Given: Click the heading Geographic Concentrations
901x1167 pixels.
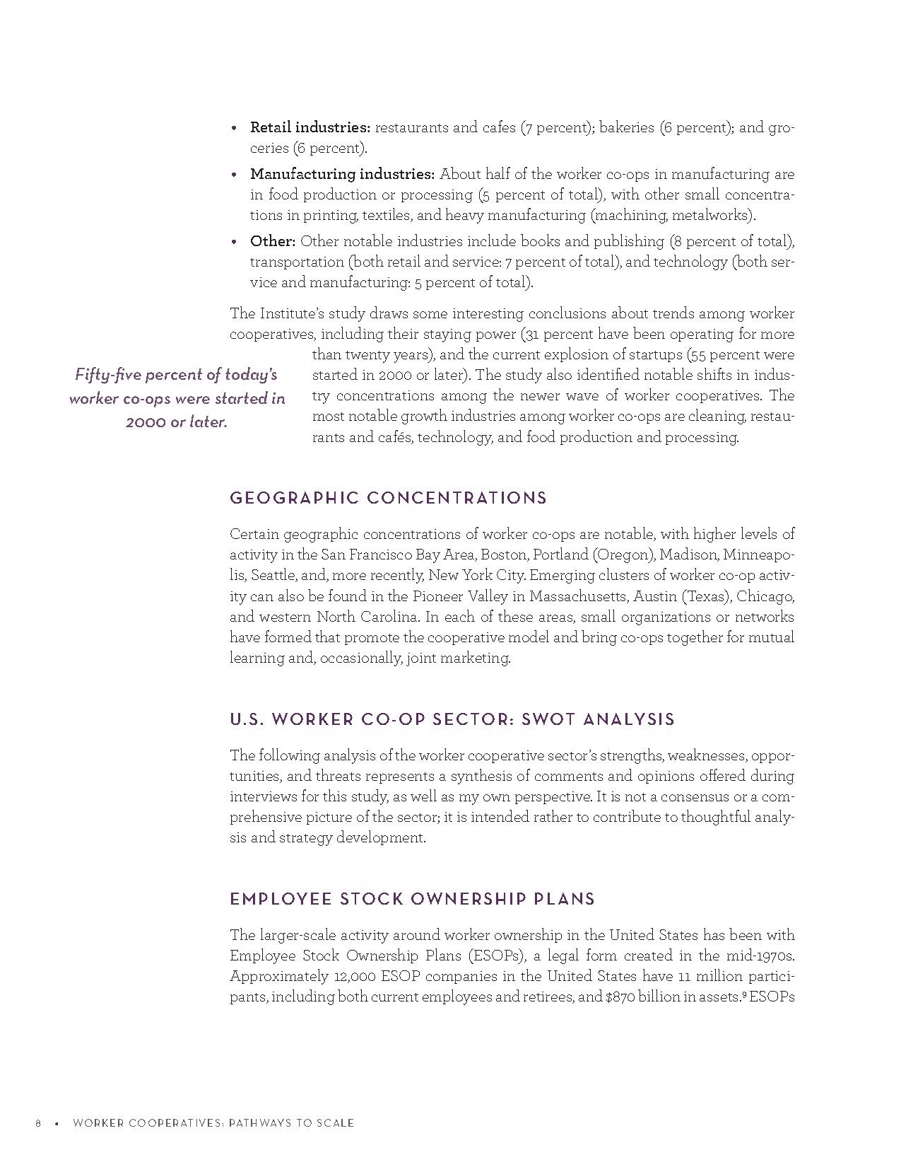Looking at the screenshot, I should pyautogui.click(x=388, y=498).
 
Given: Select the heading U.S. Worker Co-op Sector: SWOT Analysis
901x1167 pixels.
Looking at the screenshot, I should pyautogui.click(x=452, y=719).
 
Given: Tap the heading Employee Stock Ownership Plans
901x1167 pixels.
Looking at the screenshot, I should pyautogui.click(x=412, y=899).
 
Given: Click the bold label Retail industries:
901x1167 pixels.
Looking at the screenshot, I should pyautogui.click(x=310, y=128).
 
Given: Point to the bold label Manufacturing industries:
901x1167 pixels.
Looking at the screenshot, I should pyautogui.click(x=342, y=174).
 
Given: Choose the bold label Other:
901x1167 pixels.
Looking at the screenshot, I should pyautogui.click(x=272, y=241).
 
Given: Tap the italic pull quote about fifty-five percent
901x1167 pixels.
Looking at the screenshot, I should pyautogui.click(x=177, y=398).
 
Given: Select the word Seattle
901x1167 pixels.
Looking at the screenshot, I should pyautogui.click(x=272, y=575).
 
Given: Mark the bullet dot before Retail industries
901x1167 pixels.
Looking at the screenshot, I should pyautogui.click(x=235, y=129).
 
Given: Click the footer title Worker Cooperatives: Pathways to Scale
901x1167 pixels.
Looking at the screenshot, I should pyautogui.click(x=213, y=1123).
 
